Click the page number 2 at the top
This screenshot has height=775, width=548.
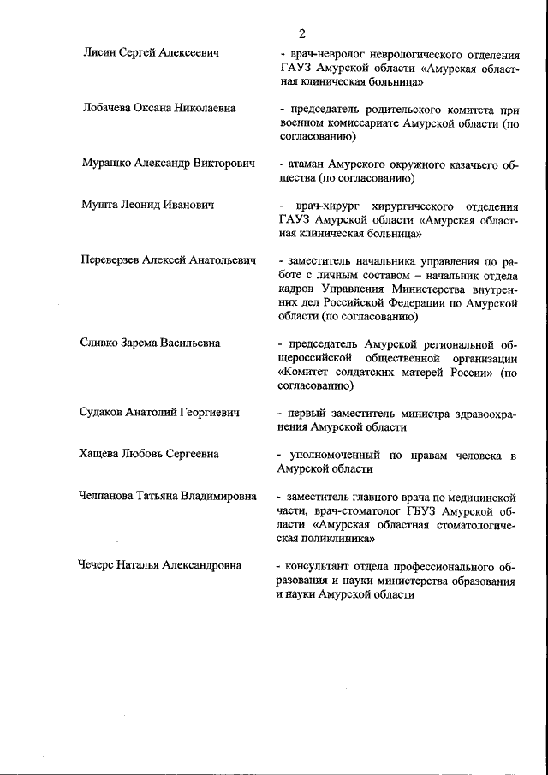pyautogui.click(x=301, y=33)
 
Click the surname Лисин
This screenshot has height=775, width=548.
pyautogui.click(x=99, y=53)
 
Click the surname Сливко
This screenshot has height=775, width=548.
pyautogui.click(x=102, y=343)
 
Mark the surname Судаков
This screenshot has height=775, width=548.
pyautogui.click(x=106, y=412)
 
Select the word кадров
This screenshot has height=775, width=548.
pyautogui.click(x=295, y=289)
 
